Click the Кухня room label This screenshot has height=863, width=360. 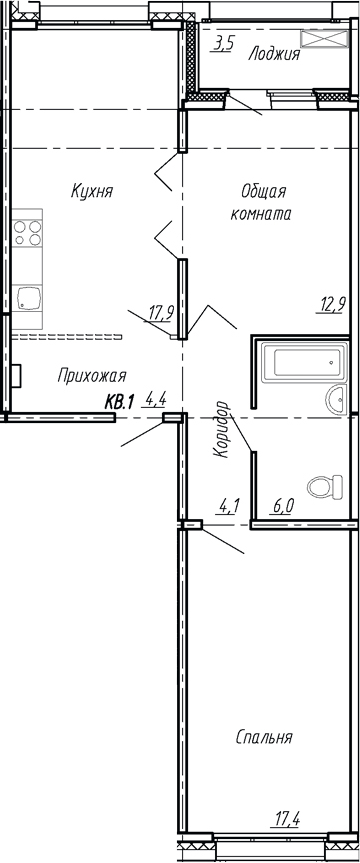point(92,192)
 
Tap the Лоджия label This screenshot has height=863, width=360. point(274,54)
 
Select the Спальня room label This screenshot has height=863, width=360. point(264,737)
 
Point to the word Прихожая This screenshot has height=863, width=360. point(92,376)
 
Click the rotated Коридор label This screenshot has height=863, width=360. point(220,429)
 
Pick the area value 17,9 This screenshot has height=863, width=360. point(161,314)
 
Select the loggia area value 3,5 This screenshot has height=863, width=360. point(222,44)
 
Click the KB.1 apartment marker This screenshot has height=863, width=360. point(119,402)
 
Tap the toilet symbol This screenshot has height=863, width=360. point(325,487)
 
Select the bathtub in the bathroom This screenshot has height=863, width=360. point(305,362)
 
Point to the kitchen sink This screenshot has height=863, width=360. point(28,299)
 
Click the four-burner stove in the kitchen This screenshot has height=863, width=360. point(28,233)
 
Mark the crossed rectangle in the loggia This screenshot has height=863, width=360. point(325,40)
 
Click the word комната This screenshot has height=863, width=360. point(260,214)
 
